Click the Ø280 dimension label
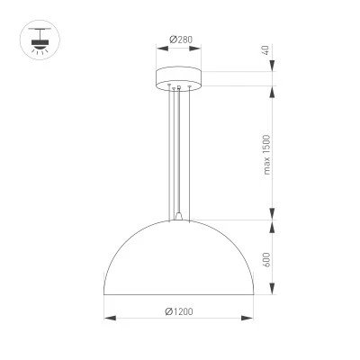181,40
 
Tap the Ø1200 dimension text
179,311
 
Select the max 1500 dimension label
266,155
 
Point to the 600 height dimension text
266,260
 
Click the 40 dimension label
265,49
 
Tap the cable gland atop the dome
179,216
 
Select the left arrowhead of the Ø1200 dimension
110,318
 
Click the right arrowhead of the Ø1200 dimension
247,318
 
